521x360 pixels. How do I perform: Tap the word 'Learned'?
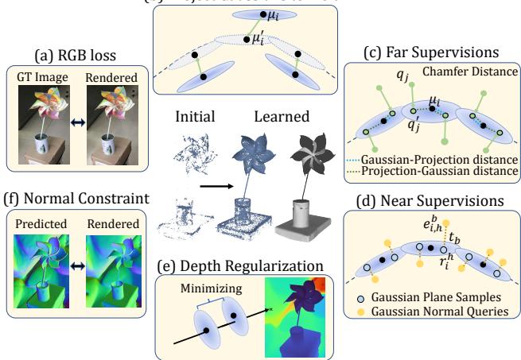coord(281,117)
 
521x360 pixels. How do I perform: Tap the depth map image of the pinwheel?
coord(295,314)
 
